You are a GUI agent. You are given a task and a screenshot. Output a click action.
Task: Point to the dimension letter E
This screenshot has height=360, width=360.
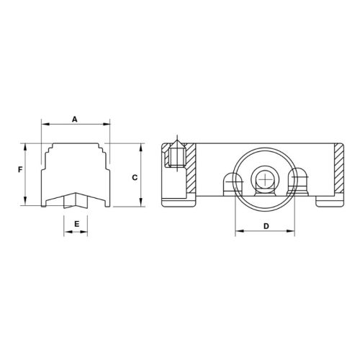(x=76, y=224)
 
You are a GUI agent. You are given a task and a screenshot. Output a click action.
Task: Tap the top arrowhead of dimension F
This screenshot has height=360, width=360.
(x=27, y=145)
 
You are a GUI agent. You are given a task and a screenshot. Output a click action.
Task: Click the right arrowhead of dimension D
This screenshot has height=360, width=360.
(x=293, y=233)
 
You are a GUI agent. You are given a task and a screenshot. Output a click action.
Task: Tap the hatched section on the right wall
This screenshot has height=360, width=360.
(x=340, y=170)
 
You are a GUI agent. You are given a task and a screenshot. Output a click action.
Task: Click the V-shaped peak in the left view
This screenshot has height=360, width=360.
(x=74, y=194)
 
